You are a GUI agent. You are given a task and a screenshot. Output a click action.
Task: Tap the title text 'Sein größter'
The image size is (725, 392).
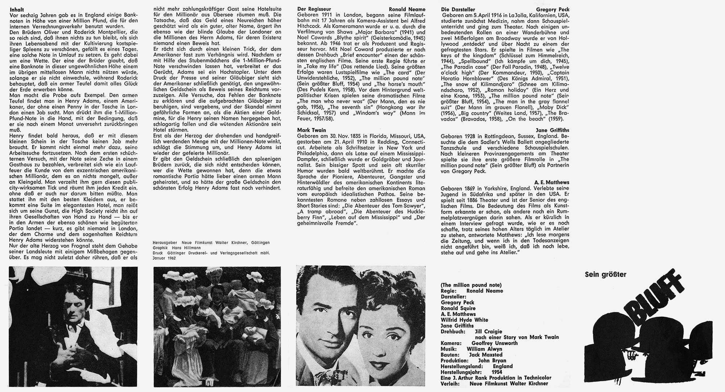pyautogui.click(x=605, y=275)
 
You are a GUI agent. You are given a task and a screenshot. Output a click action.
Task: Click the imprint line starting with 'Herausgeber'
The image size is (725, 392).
pyautogui.click(x=211, y=243)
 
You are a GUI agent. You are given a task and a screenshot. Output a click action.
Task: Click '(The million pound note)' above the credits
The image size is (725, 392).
pyautogui.click(x=471, y=285)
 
